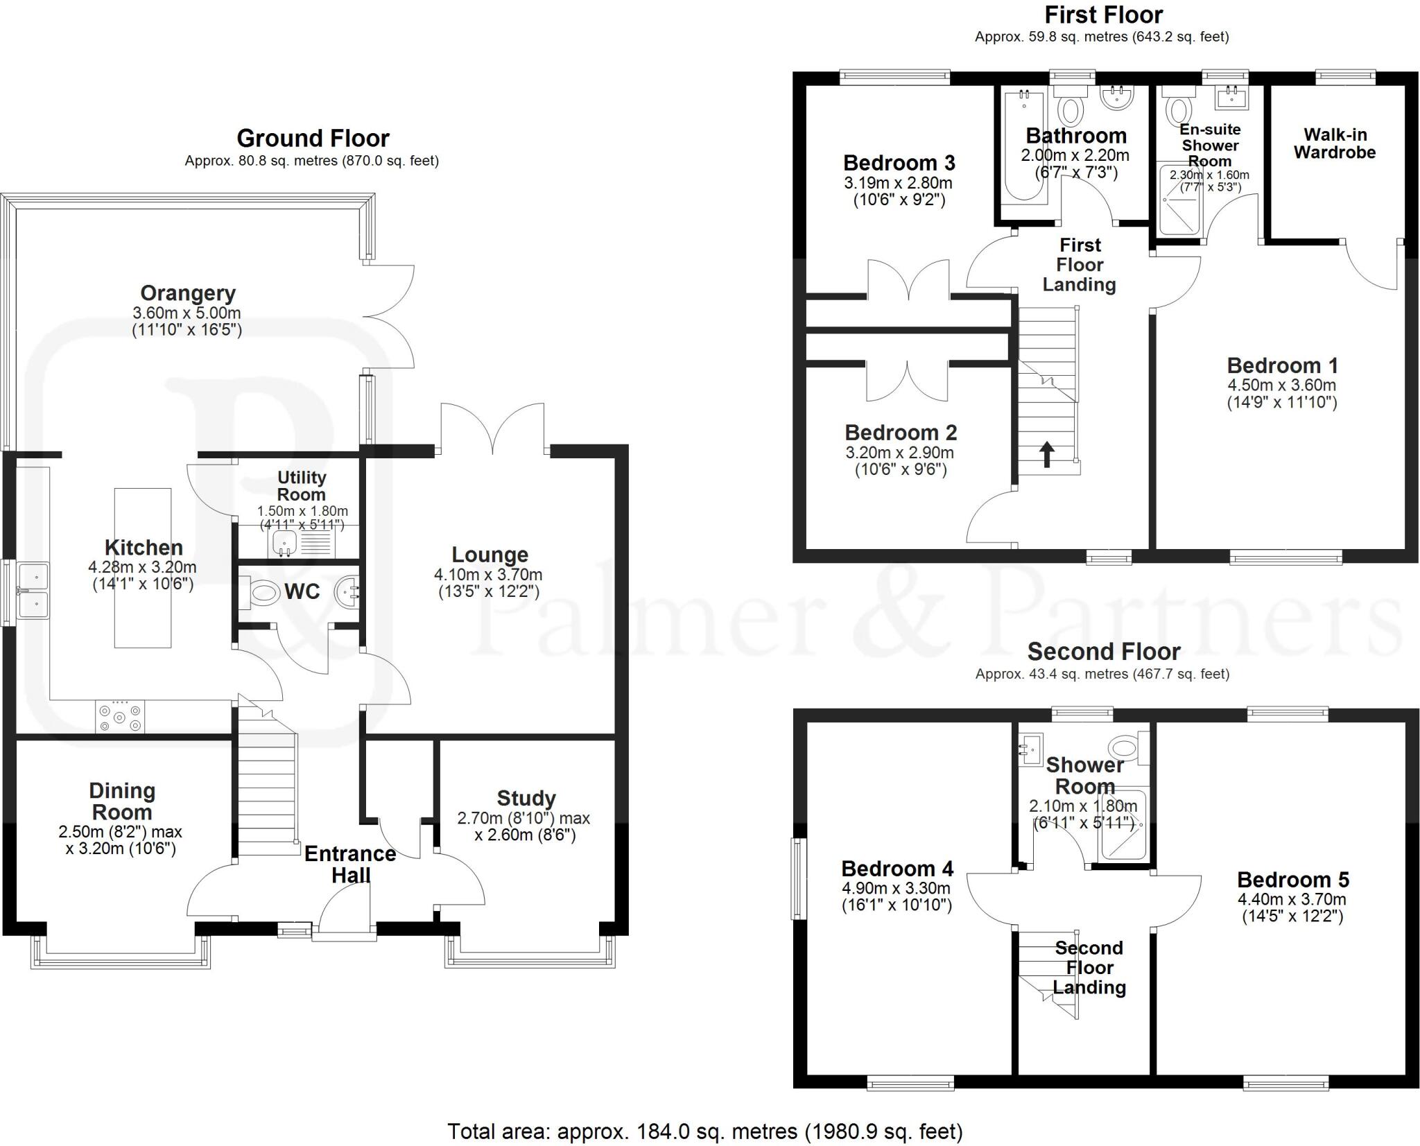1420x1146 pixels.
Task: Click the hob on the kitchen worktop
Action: coord(121,717)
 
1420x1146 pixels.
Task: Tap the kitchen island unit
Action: coord(143,568)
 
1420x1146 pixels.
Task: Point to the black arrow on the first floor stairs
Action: coord(1047,455)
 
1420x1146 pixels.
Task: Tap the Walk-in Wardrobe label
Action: coord(1335,144)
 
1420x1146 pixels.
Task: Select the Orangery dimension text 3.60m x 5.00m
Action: coord(187,313)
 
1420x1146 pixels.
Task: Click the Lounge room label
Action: coord(490,555)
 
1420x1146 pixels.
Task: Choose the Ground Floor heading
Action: coord(313,139)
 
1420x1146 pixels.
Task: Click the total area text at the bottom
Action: coord(705,1131)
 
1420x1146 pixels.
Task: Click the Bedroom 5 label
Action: coord(1293,880)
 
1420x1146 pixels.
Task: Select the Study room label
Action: coord(526,799)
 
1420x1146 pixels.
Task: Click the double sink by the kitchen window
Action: coord(33,591)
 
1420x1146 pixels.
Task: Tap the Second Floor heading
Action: coord(1103,652)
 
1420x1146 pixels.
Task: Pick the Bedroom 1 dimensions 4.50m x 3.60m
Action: coord(1282,385)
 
